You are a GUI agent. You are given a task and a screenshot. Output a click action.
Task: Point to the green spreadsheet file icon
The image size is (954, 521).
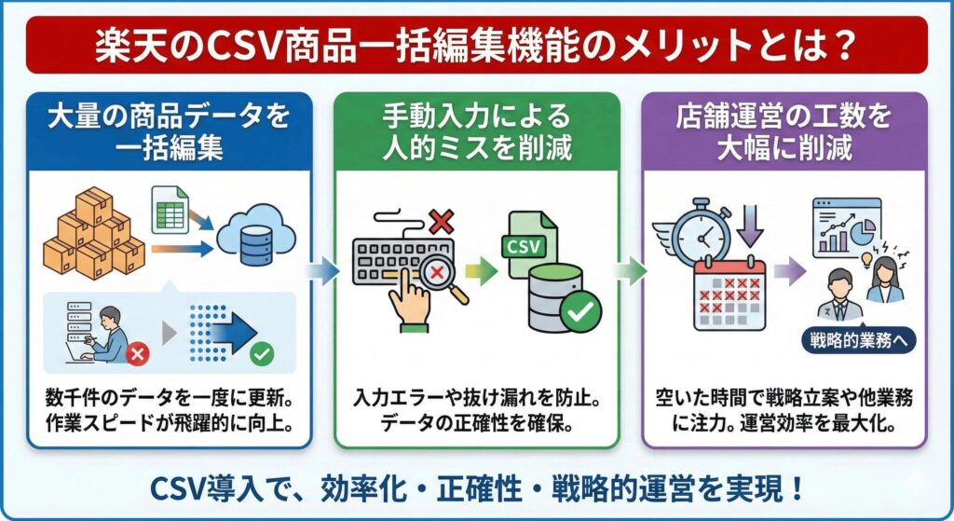(x=170, y=209)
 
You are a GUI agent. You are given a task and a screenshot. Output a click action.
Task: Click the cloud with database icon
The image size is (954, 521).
(x=251, y=241)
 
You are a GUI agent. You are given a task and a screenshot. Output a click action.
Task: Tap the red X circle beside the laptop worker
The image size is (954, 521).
(x=137, y=353)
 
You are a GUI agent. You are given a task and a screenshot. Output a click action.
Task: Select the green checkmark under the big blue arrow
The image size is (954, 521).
(x=263, y=353)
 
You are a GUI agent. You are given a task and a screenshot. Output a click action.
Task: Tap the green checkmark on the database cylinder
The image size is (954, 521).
(x=580, y=313)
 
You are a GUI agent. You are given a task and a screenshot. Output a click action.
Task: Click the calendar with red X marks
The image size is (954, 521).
(x=729, y=294)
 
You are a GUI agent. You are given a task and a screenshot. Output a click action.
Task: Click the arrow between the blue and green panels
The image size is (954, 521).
(x=321, y=271)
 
